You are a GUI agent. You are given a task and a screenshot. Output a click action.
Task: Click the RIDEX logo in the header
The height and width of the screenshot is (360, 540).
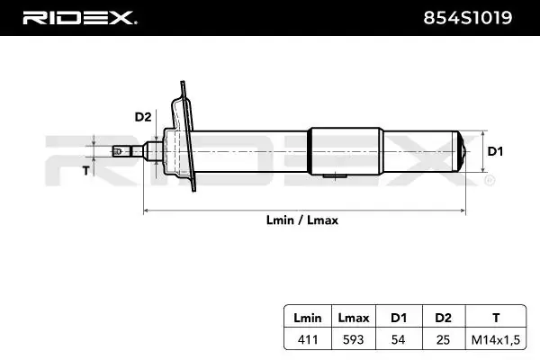[78, 17]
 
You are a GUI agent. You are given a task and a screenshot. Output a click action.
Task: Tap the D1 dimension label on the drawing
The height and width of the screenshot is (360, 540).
[494, 151]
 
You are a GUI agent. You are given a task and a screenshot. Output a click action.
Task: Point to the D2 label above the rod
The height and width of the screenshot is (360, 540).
[142, 116]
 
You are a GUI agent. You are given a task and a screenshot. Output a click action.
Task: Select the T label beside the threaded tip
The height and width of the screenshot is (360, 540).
[85, 170]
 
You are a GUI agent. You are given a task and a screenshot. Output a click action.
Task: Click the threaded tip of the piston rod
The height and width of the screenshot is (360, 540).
[122, 151]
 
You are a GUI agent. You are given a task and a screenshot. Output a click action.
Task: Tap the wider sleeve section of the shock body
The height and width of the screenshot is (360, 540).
[342, 151]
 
